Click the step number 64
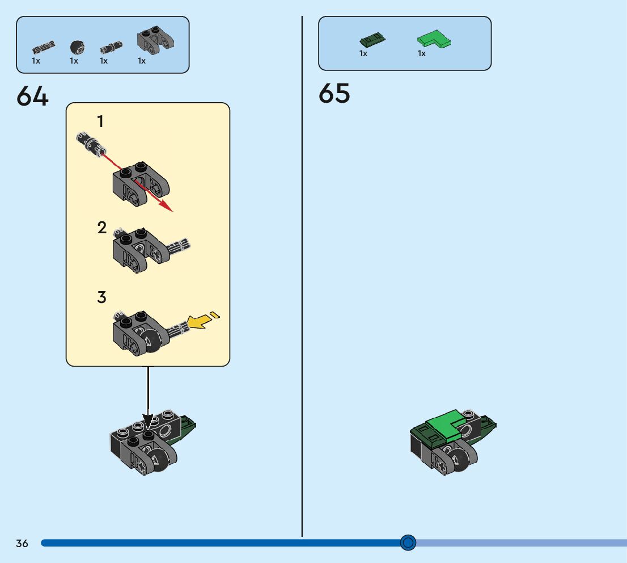tap(32, 96)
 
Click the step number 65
tap(334, 94)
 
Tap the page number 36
tap(22, 544)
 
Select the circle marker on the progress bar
tap(408, 543)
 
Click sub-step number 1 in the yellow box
tap(100, 121)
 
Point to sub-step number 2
tap(102, 228)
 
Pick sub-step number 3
tap(102, 297)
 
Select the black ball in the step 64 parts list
tap(77, 47)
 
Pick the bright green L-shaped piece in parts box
tap(433, 40)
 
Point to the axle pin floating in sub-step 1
tap(89, 142)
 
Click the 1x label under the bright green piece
tap(422, 53)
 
